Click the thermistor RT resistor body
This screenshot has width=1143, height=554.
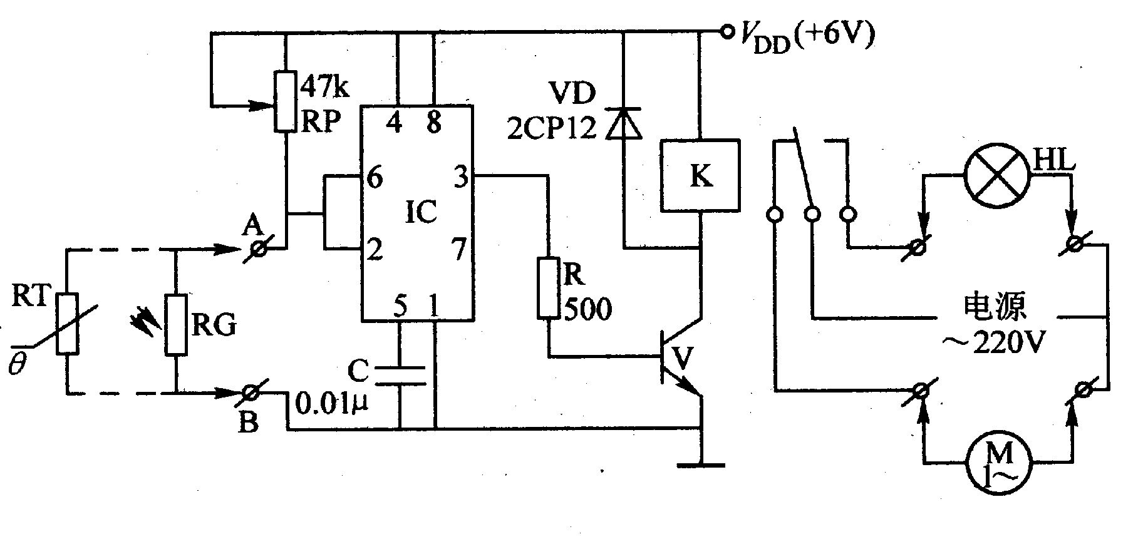coord(68,324)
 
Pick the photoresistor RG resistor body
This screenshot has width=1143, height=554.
coord(176,324)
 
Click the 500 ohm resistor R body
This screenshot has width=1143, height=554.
coord(549,287)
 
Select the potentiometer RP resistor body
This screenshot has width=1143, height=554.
coord(285,101)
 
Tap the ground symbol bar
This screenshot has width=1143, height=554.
coord(700,465)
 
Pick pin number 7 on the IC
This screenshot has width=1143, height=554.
coord(460,250)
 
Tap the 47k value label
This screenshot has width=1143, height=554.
coord(325,88)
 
